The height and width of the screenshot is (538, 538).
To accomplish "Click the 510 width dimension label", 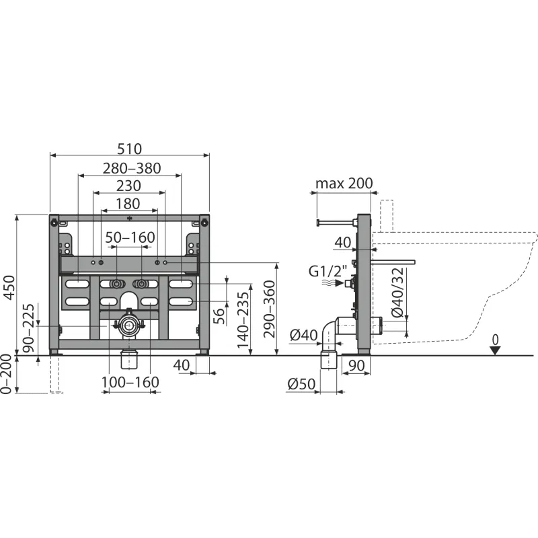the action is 129,149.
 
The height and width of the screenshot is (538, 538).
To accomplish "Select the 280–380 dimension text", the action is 132,168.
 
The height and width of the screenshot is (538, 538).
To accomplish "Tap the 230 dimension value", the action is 128,186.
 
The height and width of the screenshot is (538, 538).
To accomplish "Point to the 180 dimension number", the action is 128,204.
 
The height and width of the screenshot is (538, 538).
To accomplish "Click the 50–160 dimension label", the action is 130,237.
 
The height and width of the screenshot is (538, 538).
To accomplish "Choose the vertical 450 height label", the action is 9,288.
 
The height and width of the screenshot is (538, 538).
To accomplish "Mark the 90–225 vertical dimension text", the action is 28,328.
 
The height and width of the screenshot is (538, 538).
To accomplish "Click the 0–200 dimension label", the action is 7,375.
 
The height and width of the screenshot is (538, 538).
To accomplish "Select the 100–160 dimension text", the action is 130,382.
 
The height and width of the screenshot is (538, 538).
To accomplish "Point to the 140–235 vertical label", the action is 243,320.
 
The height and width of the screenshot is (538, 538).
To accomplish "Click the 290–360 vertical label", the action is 270,309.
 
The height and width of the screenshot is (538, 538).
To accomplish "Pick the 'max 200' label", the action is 344,183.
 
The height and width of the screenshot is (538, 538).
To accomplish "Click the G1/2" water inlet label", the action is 328,271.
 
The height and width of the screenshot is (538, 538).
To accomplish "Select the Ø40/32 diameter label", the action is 398,293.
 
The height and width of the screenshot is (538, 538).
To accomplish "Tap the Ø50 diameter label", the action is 301,384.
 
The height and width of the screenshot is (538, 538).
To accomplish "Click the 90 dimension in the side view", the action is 356,366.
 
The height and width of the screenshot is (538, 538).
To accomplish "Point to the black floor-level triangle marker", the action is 495,350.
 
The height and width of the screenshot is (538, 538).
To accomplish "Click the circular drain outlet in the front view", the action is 129,325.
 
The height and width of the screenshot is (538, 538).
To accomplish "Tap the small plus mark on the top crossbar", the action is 129,218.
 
